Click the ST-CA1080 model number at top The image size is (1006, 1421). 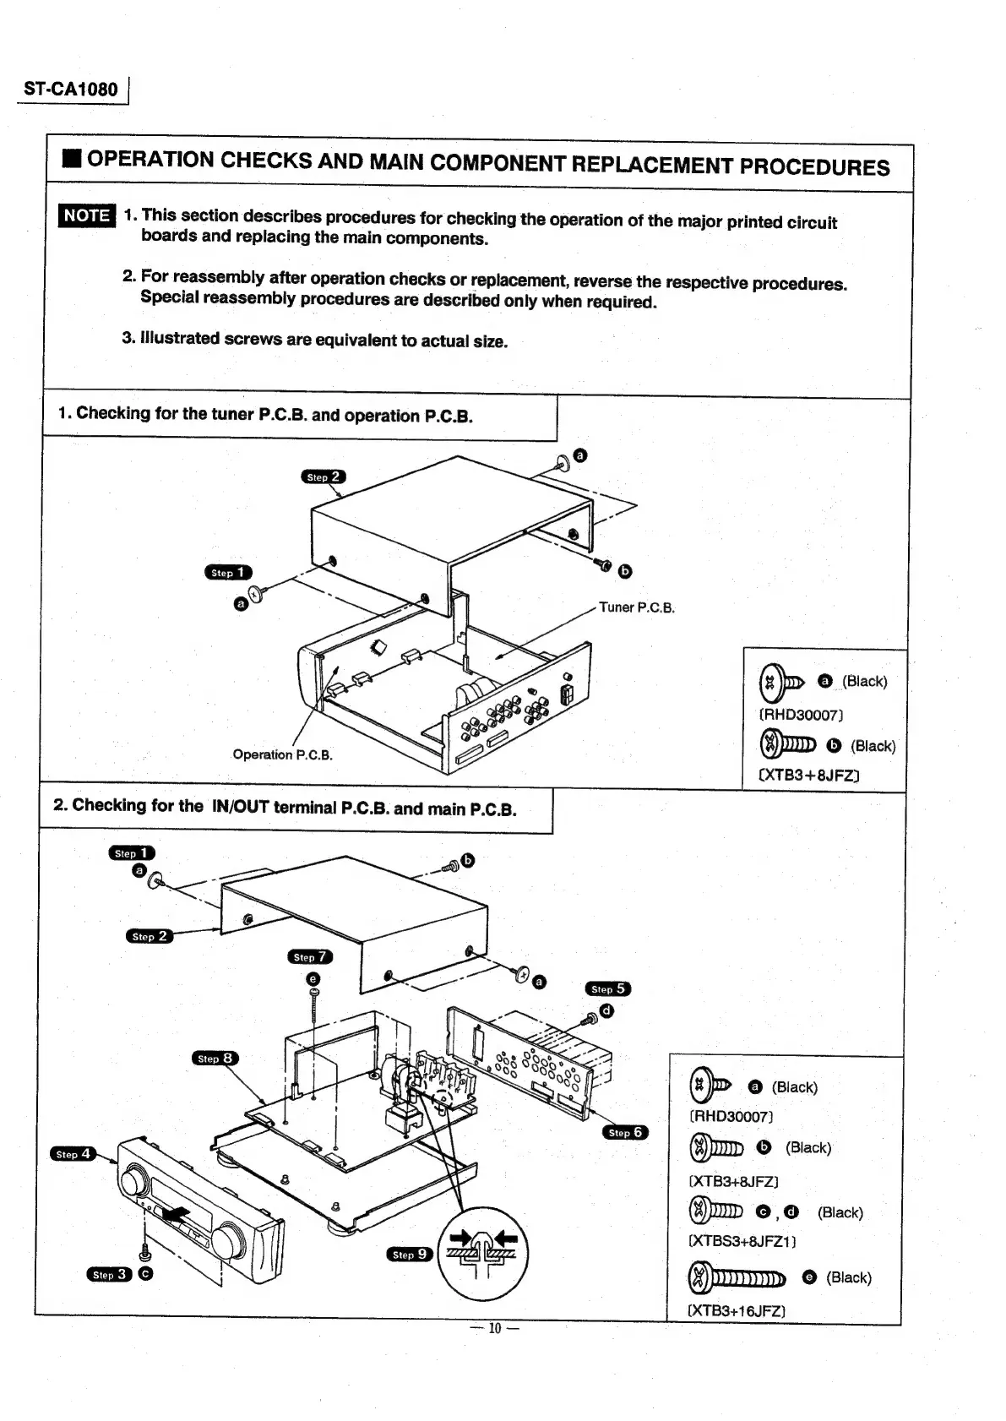71,89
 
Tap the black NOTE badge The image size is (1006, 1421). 87,215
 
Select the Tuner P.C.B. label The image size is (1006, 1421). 636,607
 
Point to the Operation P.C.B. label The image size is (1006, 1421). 282,754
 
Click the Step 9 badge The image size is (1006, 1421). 410,1255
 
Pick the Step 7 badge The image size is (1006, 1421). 310,957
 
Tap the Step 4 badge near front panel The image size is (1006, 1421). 73,1153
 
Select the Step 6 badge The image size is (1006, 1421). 625,1132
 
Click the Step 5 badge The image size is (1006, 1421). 607,988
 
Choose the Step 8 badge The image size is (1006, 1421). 215,1059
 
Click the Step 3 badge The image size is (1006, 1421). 109,1274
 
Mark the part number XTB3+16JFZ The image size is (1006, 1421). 737,1311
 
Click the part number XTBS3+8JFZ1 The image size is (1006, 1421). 742,1242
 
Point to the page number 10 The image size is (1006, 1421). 495,1328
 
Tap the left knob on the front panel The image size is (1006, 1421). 134,1179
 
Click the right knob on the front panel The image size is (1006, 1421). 226,1241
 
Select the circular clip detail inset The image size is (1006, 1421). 482,1251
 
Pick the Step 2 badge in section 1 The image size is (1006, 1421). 323,477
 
